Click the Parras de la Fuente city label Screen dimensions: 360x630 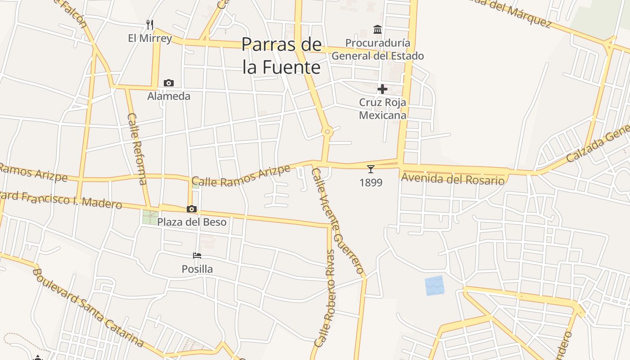(x=282, y=56)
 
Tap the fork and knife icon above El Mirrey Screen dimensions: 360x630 (x=150, y=24)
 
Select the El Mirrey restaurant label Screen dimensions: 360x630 (x=150, y=38)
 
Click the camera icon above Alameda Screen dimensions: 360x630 (x=169, y=83)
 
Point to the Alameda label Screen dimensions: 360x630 (x=169, y=96)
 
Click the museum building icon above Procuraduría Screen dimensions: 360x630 (x=378, y=30)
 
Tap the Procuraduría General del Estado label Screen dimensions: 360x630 (x=378, y=49)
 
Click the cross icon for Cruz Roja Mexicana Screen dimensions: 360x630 (x=382, y=89)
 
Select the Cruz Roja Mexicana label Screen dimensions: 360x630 (x=382, y=108)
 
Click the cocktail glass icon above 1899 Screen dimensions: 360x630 (x=370, y=169)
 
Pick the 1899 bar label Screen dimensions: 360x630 (x=371, y=182)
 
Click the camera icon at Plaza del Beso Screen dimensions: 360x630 (x=192, y=209)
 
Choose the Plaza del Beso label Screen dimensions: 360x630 (x=192, y=222)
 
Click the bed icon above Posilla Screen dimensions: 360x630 (x=197, y=256)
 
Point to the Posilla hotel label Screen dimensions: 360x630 (x=197, y=269)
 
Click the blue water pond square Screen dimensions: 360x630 (x=434, y=286)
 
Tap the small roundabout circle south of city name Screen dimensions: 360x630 (x=328, y=132)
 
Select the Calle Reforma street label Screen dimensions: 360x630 (x=137, y=148)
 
